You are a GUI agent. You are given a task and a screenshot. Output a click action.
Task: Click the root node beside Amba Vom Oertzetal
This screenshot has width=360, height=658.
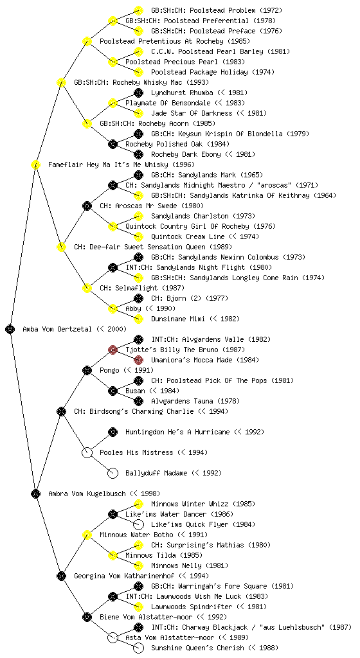pos(10,329)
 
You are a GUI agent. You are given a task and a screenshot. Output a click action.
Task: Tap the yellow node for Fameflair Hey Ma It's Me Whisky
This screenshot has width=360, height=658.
pos(35,164)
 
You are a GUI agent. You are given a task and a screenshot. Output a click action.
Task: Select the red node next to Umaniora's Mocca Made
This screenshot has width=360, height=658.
pos(138,360)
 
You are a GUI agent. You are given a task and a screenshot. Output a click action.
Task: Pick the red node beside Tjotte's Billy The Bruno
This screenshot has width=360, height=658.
pos(113,350)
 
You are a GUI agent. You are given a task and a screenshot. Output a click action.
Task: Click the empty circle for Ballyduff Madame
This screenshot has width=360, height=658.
pos(113,473)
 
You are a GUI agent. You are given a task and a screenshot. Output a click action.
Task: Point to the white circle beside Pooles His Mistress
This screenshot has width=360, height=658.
pos(87,452)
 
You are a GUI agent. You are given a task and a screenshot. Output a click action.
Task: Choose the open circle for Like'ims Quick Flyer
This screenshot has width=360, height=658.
pos(138,524)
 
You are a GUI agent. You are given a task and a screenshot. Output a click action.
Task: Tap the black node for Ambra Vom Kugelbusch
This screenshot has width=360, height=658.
pos(35,493)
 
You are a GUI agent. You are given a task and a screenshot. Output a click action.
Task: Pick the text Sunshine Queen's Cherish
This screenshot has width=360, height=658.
pos(197,648)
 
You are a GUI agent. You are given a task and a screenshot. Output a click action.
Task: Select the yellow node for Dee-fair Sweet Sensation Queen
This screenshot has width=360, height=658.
pos(61,247)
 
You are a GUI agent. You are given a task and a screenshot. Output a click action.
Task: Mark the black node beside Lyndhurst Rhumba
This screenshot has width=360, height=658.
pos(138,93)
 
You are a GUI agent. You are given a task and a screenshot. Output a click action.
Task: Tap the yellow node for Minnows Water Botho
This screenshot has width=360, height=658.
pos(87,535)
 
